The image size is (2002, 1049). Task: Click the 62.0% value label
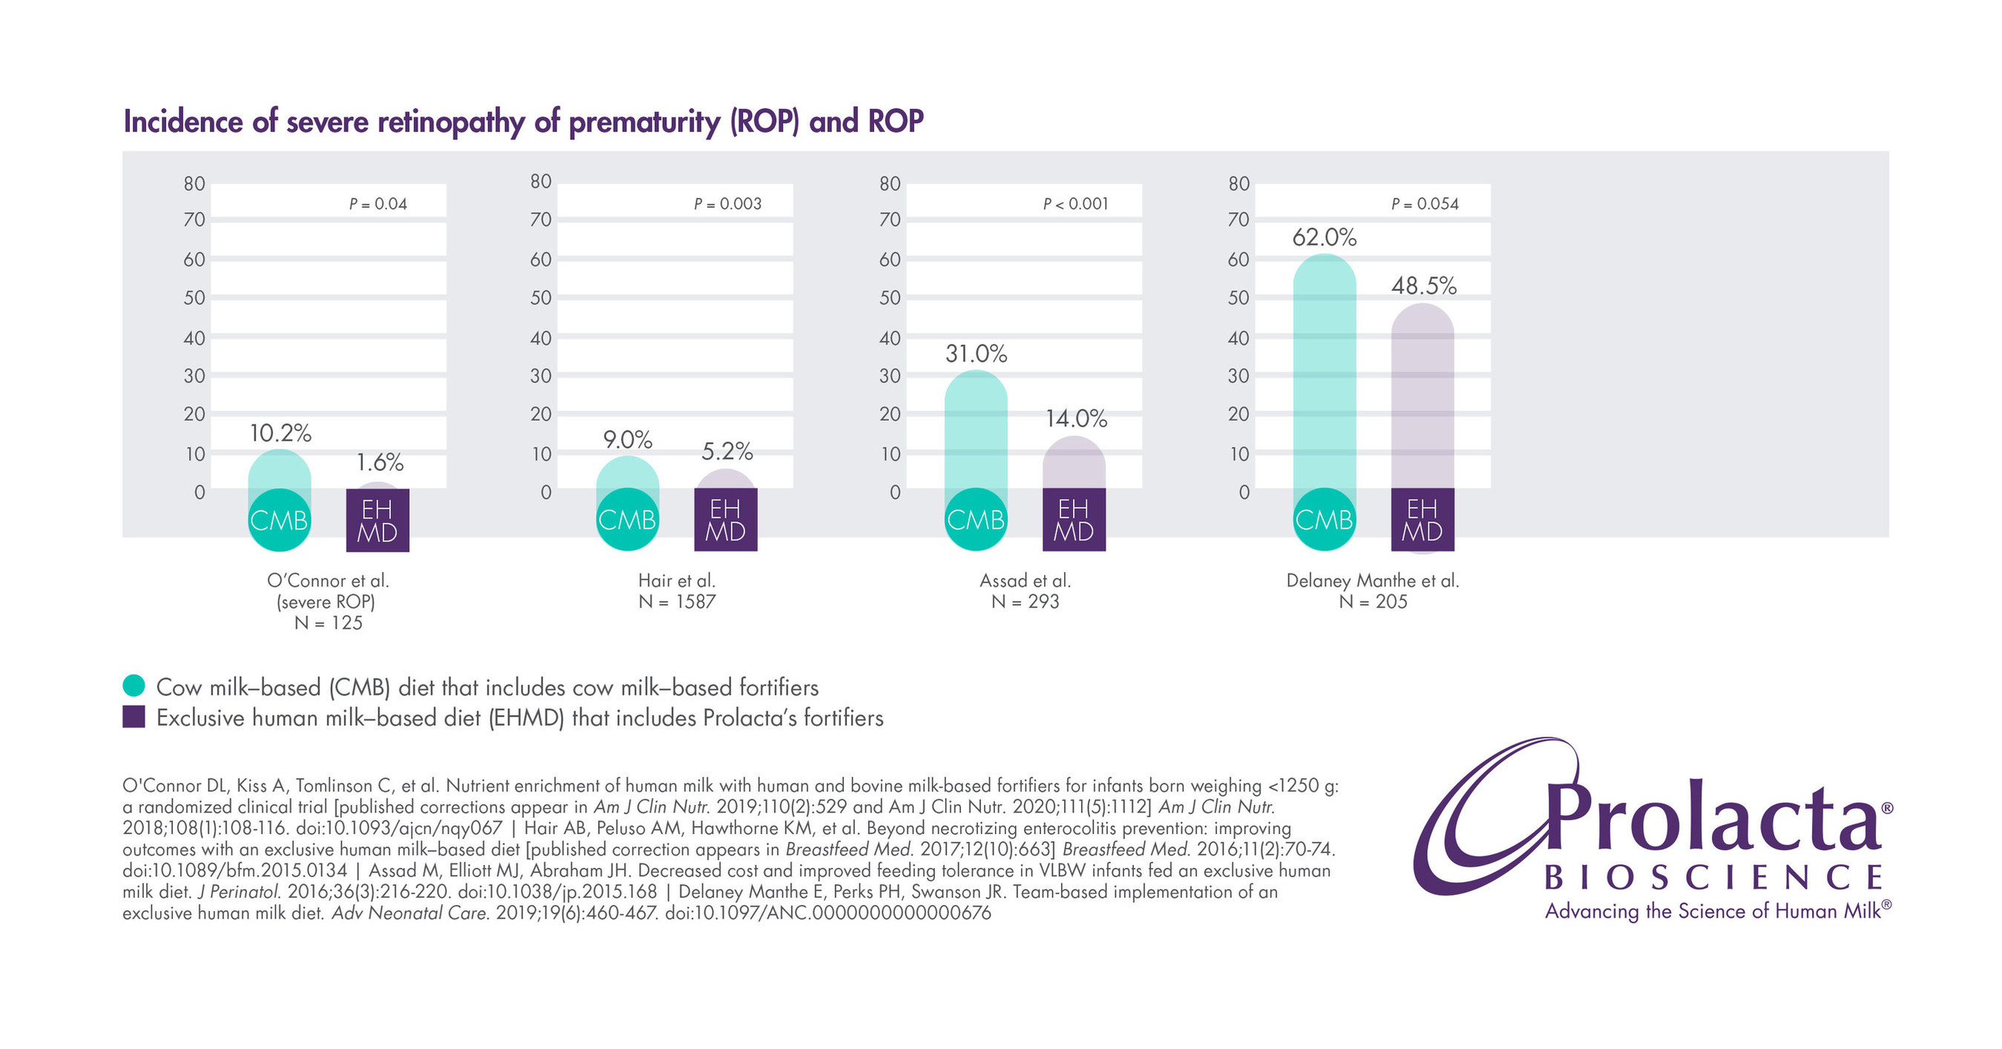pos(1324,237)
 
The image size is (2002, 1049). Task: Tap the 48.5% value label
pos(1423,286)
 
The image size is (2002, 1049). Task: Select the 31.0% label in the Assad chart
pos(975,354)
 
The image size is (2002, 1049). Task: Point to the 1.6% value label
pos(379,463)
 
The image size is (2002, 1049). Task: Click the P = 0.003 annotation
pos(727,203)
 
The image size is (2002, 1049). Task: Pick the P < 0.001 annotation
pos(1076,203)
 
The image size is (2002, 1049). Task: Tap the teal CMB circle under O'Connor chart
pos(279,520)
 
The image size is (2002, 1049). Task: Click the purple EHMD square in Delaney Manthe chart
pos(1422,520)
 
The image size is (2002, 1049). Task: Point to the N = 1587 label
pos(676,602)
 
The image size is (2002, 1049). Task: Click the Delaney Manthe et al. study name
pos(1372,580)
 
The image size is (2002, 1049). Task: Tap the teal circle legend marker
pos(134,685)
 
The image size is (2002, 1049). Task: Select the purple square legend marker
pos(134,717)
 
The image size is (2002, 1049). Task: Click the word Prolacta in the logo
pos(1710,820)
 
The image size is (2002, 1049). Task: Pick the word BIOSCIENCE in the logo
pos(1713,878)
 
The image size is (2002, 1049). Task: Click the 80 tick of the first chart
pos(194,184)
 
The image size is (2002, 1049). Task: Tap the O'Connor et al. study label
pos(327,580)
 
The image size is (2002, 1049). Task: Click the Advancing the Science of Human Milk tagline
pos(1713,911)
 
